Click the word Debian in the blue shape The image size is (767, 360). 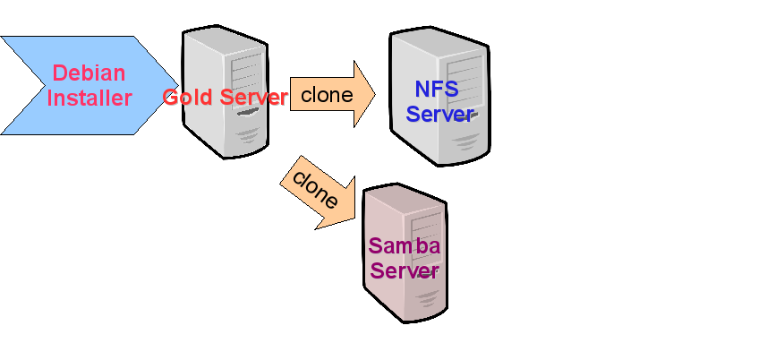(x=89, y=73)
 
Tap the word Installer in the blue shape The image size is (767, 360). (x=89, y=98)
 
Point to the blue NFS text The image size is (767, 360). (x=437, y=89)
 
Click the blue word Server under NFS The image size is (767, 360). (x=439, y=114)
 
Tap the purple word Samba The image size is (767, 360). (x=404, y=245)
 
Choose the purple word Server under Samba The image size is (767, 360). (x=404, y=270)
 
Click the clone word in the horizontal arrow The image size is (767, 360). (x=327, y=94)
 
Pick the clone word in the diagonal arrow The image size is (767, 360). (x=315, y=189)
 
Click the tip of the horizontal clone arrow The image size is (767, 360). (x=375, y=94)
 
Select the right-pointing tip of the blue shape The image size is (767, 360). (x=178, y=86)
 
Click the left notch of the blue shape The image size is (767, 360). (x=45, y=86)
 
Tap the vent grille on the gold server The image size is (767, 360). (x=248, y=136)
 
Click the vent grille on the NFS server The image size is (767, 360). (x=465, y=141)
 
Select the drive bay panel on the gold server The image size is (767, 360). (x=247, y=77)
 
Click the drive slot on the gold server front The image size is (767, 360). (x=248, y=112)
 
